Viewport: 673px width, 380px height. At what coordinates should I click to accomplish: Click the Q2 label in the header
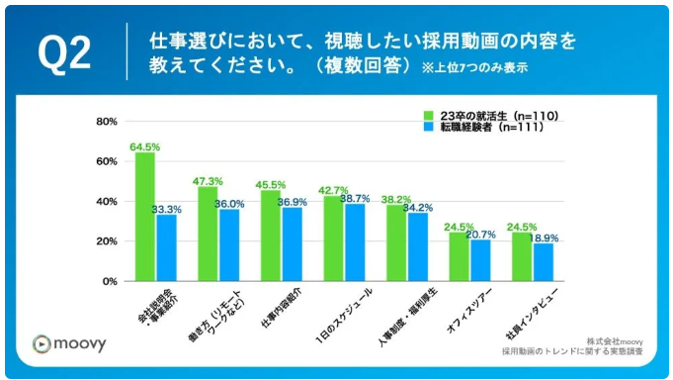[x=64, y=54]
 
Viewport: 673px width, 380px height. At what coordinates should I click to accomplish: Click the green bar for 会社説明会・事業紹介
[x=145, y=217]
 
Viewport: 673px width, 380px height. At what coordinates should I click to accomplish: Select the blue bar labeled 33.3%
[x=167, y=247]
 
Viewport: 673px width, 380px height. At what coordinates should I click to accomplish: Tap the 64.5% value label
[x=144, y=146]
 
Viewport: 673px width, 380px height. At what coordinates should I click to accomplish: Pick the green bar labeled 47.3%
[x=208, y=234]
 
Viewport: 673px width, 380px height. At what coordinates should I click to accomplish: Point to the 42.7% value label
[x=333, y=190]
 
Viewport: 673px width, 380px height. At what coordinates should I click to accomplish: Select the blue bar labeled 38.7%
[x=355, y=242]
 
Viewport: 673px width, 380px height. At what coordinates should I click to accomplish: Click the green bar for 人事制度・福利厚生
[x=396, y=242]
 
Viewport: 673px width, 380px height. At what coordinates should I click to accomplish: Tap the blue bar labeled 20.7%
[x=480, y=260]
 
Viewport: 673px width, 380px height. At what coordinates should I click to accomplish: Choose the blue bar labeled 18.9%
[x=544, y=262]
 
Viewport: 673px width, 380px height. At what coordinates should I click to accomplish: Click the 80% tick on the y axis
[x=107, y=122]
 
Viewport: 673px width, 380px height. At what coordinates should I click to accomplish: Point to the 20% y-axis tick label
[x=107, y=241]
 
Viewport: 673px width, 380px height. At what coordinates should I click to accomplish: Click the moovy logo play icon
[x=41, y=343]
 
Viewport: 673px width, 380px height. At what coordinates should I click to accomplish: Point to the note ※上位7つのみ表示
[x=475, y=68]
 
